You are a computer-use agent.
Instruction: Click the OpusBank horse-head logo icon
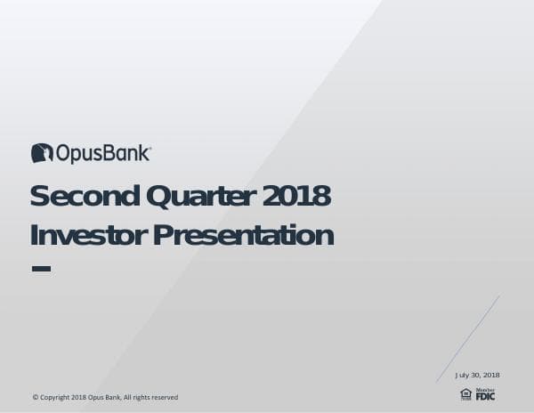click(42, 153)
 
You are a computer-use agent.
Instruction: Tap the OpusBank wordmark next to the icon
click(103, 154)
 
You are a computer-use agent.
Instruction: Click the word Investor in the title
click(87, 235)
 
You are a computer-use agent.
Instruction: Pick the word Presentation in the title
click(243, 235)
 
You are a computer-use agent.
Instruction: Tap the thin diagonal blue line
click(468, 339)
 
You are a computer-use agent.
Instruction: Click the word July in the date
click(463, 375)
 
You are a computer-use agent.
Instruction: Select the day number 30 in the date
click(476, 375)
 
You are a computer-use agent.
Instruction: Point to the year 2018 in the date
click(491, 375)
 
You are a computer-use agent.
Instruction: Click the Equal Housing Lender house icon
click(465, 393)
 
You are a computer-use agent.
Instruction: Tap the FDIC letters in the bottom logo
click(485, 396)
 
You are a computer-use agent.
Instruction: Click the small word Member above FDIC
click(485, 389)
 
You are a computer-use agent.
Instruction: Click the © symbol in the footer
click(35, 397)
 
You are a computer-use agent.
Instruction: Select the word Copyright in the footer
click(53, 397)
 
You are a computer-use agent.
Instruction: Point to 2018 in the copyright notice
click(78, 397)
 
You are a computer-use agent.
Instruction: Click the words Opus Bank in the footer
click(103, 397)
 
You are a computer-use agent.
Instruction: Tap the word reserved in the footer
click(164, 397)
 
